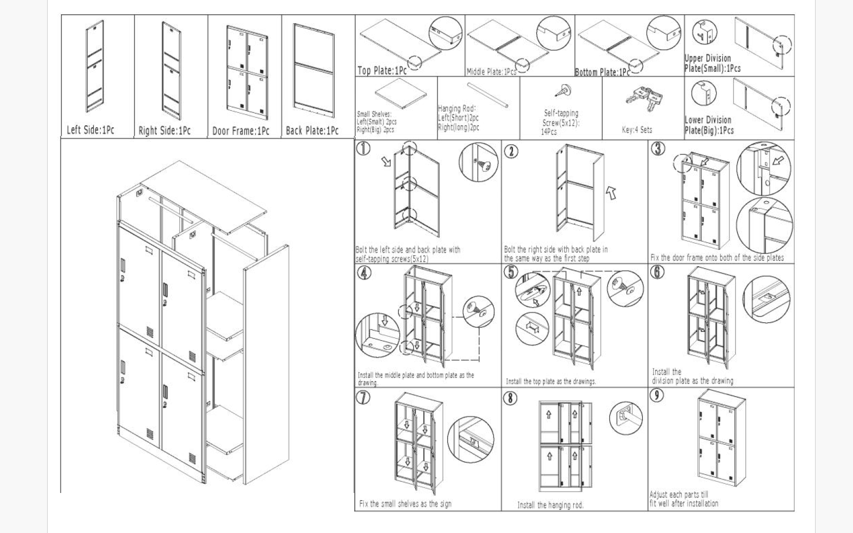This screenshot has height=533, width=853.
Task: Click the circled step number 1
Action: click(x=363, y=149)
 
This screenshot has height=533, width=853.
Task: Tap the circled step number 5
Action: click(x=511, y=272)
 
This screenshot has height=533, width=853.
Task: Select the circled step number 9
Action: click(x=657, y=395)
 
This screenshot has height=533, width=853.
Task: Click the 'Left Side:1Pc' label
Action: click(x=90, y=130)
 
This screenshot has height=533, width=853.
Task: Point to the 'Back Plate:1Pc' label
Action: click(x=312, y=131)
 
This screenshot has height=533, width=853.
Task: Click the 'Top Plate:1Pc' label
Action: click(x=382, y=70)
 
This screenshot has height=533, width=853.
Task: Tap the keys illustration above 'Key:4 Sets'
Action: click(x=644, y=98)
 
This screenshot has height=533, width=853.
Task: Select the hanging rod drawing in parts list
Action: click(x=488, y=95)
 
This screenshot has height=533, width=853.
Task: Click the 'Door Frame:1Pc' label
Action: click(x=241, y=131)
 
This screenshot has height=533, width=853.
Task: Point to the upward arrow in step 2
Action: click(x=611, y=192)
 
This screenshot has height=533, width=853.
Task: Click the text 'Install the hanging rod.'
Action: click(x=550, y=505)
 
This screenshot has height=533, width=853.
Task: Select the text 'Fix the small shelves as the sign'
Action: click(x=405, y=504)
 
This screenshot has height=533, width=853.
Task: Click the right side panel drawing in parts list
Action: click(x=171, y=71)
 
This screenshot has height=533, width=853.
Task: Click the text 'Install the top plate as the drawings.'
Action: click(x=551, y=381)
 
